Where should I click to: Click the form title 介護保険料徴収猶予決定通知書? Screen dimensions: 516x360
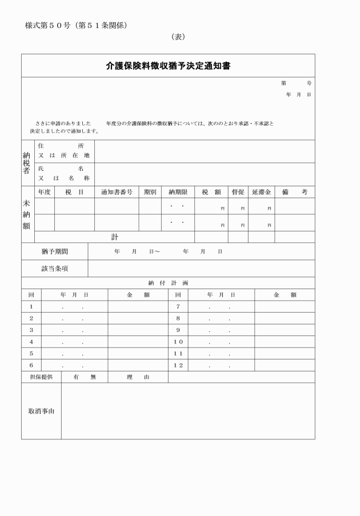[168, 66]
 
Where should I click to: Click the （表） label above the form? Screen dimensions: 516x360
[178, 37]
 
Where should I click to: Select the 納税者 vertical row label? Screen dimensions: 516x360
[27, 163]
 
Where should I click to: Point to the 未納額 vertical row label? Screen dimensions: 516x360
[27, 214]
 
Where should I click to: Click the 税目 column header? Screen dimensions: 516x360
[74, 192]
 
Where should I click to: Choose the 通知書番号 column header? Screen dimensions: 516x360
[117, 192]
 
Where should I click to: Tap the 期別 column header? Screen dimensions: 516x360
[150, 192]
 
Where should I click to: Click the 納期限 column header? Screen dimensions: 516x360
[178, 192]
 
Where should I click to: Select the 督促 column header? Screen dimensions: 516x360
[238, 192]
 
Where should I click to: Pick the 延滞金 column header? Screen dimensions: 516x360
[262, 192]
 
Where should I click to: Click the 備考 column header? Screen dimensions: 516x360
[294, 192]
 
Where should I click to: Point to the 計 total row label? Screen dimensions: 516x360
[114, 237]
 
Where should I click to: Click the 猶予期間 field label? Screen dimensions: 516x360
[54, 251]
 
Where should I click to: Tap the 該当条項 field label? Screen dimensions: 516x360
[54, 269]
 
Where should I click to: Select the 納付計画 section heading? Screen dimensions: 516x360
[168, 283]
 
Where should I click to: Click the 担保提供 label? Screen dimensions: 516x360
[41, 377]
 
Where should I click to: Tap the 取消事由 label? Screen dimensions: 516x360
[41, 411]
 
